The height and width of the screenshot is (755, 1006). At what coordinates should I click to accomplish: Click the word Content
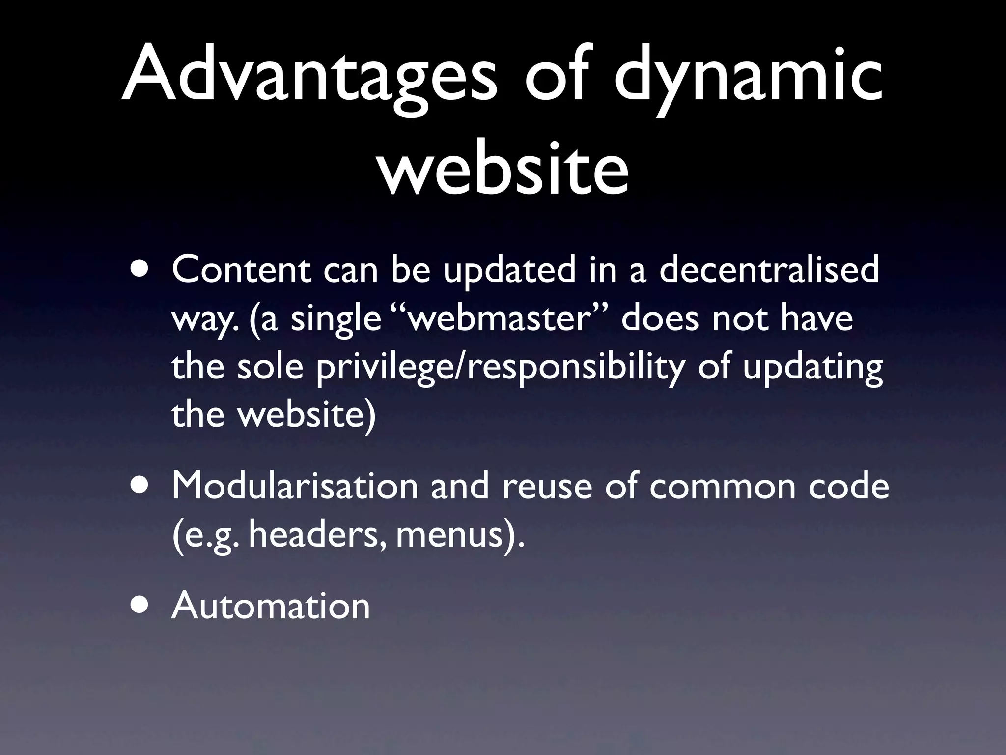241,270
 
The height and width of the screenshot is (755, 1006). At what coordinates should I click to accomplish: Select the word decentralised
769,270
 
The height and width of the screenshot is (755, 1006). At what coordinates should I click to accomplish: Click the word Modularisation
294,486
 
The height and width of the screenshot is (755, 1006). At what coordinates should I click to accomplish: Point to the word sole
270,366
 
